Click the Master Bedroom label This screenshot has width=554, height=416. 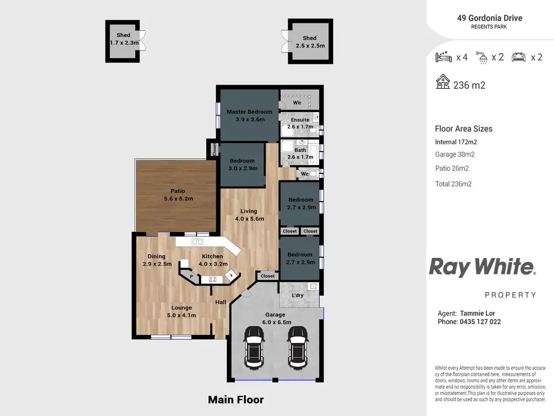click(x=249, y=112)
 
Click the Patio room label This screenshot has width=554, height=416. click(x=178, y=191)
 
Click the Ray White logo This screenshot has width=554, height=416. click(x=482, y=267)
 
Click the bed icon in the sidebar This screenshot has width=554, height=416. click(x=444, y=57)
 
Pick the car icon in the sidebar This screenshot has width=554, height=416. click(x=518, y=57)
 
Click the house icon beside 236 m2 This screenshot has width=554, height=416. click(x=443, y=82)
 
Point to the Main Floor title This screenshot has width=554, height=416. click(x=236, y=400)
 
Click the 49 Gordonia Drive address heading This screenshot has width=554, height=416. click(x=490, y=18)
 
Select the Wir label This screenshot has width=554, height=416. click(x=297, y=102)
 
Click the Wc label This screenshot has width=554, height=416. click(x=305, y=174)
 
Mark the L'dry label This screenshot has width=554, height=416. click(x=298, y=296)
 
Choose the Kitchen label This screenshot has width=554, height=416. click(x=212, y=256)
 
